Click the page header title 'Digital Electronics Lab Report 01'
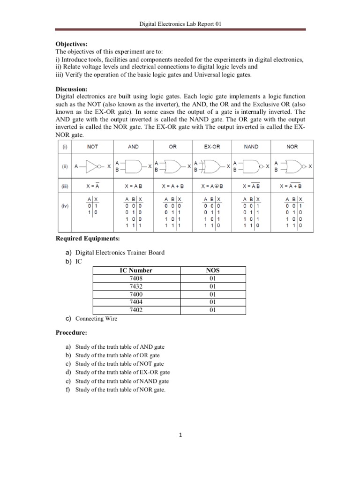180,23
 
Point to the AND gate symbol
133,166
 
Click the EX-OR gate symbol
212,166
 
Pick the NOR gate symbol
294,166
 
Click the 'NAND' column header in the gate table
251,147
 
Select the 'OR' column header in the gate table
173,147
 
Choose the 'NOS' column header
212,270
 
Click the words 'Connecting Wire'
96,319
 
